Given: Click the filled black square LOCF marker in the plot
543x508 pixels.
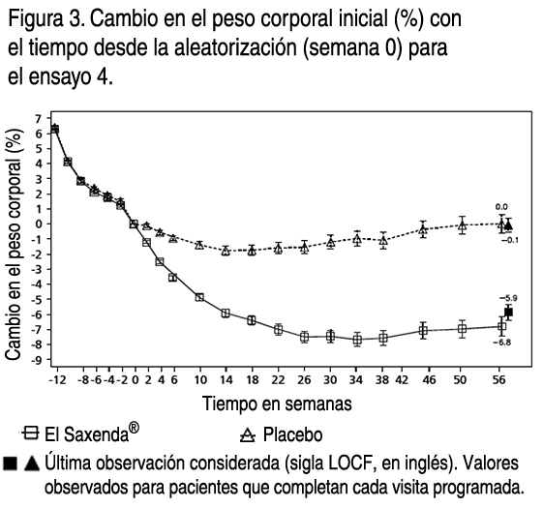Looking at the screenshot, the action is click(508, 313).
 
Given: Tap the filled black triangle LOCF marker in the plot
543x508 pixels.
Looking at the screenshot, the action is click(508, 225).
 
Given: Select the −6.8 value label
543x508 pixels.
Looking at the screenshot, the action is click(502, 343).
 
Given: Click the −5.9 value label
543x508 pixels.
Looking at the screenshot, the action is click(508, 298).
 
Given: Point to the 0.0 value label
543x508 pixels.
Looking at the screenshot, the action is click(501, 207).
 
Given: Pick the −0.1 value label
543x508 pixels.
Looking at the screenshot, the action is click(510, 240).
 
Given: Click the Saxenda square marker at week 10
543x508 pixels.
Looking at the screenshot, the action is click(199, 297).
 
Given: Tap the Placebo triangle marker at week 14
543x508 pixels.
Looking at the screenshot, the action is click(226, 251).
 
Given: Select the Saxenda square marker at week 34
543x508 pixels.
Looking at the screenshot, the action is click(357, 340).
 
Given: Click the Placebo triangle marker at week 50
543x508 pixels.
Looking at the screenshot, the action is click(462, 225).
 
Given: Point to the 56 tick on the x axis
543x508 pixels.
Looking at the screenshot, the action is click(499, 380).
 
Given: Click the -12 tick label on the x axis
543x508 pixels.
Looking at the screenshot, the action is click(57, 380).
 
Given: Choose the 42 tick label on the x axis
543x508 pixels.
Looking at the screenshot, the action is click(402, 380).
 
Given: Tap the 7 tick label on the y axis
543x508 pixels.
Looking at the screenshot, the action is click(38, 119).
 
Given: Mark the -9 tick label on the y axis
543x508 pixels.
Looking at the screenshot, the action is click(37, 359).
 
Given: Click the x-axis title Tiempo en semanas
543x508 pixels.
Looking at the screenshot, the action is click(277, 403).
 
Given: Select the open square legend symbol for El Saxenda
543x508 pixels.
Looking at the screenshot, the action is click(30, 433).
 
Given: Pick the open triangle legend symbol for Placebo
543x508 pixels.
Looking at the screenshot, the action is click(248, 435).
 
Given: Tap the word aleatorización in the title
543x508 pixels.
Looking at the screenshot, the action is click(235, 47).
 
